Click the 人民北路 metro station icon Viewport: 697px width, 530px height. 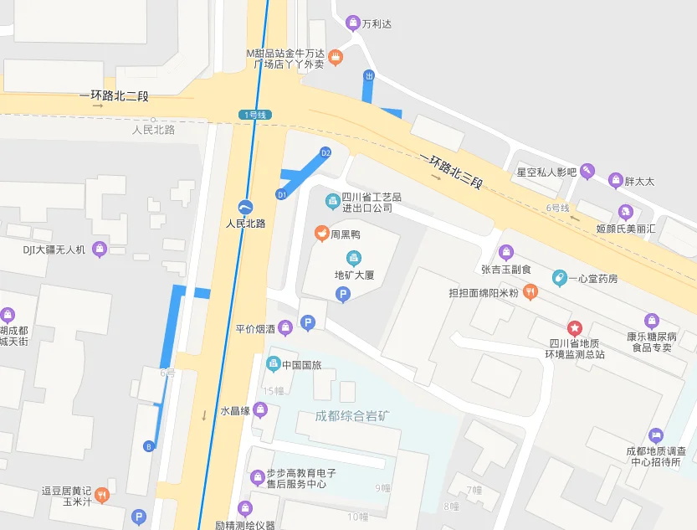(244, 207)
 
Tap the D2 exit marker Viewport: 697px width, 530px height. (325, 152)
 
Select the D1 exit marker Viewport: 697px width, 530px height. (282, 194)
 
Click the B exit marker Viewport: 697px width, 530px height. (149, 445)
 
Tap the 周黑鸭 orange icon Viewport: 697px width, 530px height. (320, 232)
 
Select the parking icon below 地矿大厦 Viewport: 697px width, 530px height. (341, 294)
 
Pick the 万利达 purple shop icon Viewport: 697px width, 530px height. (353, 23)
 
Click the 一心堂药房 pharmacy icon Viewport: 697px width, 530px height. (559, 277)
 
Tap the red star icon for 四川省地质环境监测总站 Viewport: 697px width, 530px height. (574, 327)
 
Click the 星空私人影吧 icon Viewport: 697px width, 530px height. (588, 171)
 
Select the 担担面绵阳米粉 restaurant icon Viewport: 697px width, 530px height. (530, 292)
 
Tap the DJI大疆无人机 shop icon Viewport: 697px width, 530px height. (100, 249)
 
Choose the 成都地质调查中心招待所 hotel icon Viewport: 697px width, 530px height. (656, 435)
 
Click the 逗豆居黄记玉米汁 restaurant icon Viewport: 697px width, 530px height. (101, 495)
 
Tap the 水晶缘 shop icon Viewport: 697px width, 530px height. (260, 410)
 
